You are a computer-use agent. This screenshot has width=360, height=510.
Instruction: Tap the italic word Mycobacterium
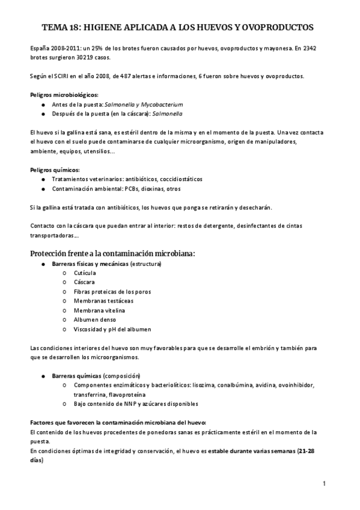145,104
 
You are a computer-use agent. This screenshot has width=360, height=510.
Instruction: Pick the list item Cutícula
85,273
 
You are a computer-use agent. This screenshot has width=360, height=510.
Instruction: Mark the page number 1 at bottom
323,483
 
